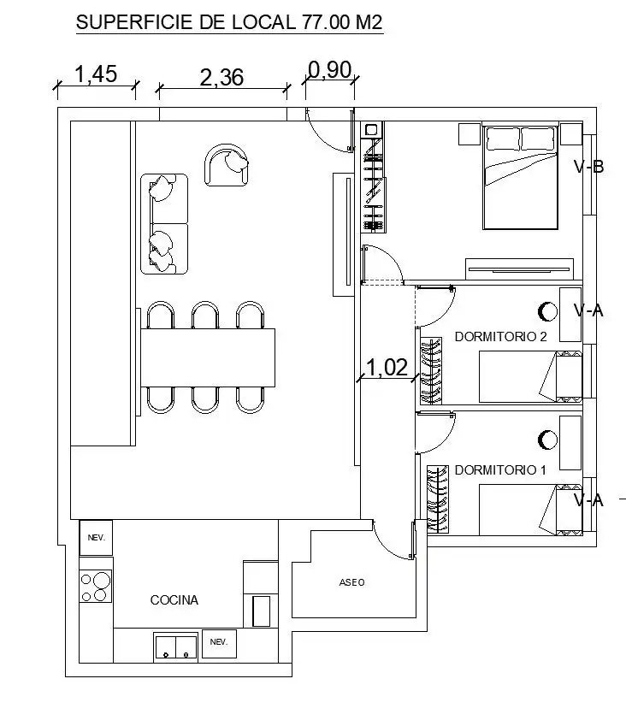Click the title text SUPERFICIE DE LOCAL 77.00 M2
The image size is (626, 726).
click(x=229, y=23)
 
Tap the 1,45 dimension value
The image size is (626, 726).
click(x=96, y=74)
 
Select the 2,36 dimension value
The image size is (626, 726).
click(x=221, y=78)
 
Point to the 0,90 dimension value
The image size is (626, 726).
click(x=329, y=70)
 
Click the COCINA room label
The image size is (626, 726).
click(x=174, y=600)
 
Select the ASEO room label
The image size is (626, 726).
click(x=351, y=582)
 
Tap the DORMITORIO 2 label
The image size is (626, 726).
click(x=500, y=337)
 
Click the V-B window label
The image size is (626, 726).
click(x=589, y=167)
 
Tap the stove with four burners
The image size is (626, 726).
click(x=96, y=587)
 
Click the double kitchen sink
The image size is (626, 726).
click(x=175, y=647)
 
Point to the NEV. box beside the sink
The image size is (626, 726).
click(x=219, y=642)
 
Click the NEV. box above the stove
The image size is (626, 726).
click(x=96, y=537)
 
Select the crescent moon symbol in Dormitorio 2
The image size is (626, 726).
click(x=546, y=310)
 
